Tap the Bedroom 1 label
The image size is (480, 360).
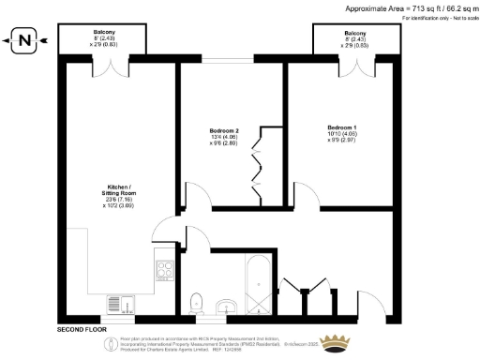[x=342, y=126]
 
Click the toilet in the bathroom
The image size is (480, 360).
[x=196, y=301]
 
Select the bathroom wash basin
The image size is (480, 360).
[x=225, y=307]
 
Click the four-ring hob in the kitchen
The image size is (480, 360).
[x=165, y=271]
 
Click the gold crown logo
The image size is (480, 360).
[x=336, y=342]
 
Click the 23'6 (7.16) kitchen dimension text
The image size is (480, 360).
[x=120, y=199]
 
